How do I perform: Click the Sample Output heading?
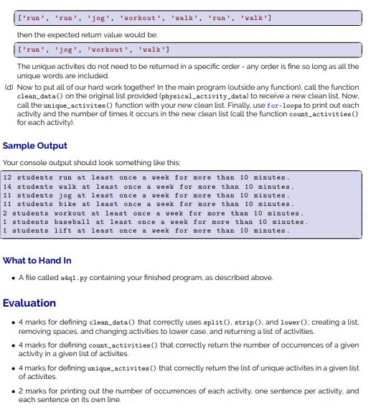pyautogui.click(x=35, y=146)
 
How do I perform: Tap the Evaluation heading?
pyautogui.click(x=29, y=302)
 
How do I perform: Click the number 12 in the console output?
pyautogui.click(x=7, y=177)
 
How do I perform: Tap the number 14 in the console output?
pyautogui.click(x=7, y=186)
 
